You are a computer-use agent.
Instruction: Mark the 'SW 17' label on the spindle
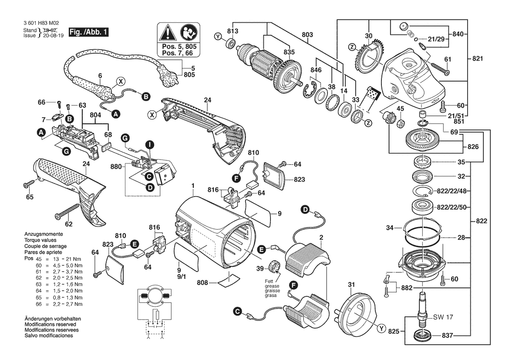443,317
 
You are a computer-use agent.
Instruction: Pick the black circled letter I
149,144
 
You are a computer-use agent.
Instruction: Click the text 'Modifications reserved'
50,325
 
